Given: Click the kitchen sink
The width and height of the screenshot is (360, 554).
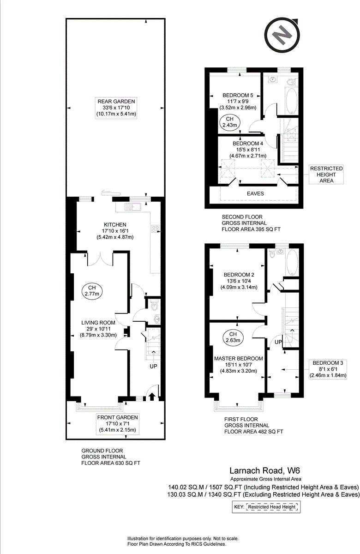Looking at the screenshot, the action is pos(133,206).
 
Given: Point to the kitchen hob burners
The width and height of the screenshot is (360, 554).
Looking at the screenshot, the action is pos(155,229).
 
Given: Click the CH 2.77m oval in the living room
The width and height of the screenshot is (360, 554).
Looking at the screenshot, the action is pos(92,291).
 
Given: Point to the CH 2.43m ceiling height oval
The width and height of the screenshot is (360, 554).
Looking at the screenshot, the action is pos(230,122).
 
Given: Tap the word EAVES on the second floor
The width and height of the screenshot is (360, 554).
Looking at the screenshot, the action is pos(255,193).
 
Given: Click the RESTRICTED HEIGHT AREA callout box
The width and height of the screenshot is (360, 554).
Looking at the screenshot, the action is pos(326,175).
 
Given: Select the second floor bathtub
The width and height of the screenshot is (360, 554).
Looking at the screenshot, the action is pos(292,101).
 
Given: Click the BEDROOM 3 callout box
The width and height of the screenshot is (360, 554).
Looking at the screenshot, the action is pos(328,369).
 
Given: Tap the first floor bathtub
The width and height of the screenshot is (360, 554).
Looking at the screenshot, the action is pos(292,262).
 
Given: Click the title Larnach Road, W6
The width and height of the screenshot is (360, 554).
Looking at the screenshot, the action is pos(265,470).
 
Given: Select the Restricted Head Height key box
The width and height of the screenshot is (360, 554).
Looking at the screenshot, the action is pos(266,507).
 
